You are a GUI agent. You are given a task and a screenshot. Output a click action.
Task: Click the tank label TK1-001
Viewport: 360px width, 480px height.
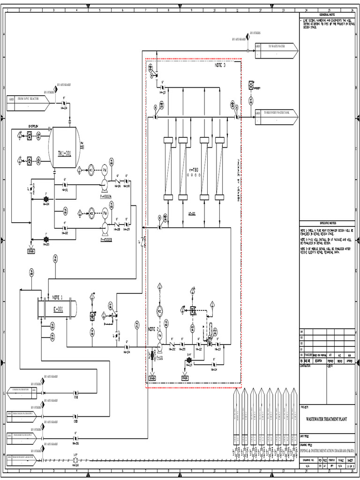point(64,153)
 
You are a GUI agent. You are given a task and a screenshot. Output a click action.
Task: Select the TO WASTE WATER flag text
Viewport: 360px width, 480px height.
point(276,46)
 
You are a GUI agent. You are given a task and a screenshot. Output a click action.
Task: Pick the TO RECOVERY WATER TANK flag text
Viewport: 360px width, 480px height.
point(276,113)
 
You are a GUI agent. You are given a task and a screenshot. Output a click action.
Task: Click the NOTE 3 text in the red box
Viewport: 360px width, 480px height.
point(220,66)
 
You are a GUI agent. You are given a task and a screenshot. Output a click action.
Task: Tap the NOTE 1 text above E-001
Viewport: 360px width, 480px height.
point(57,297)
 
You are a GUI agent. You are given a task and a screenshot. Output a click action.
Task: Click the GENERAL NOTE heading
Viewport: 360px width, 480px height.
point(327,15)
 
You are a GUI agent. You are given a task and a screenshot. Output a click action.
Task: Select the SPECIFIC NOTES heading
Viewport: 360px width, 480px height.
point(327,223)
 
